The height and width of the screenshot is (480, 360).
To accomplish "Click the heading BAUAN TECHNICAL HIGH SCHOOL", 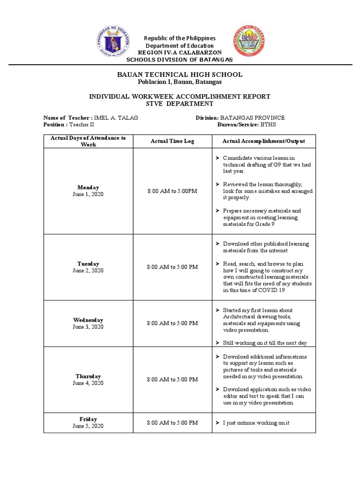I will (x=180, y=75).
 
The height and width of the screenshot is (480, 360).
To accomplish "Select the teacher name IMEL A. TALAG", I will (x=116, y=118).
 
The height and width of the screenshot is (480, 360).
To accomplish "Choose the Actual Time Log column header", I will (x=172, y=141).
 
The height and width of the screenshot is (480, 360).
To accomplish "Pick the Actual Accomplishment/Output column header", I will (x=263, y=141).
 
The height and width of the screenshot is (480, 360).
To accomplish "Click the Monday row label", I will (x=88, y=187).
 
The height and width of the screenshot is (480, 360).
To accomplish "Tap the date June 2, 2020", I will (x=88, y=270).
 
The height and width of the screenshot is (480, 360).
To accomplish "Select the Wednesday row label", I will (x=88, y=320).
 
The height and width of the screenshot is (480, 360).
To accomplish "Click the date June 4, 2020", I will (x=88, y=383).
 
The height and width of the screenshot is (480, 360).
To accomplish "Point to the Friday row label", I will (x=88, y=419).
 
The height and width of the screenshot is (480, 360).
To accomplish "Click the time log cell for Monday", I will (x=172, y=191).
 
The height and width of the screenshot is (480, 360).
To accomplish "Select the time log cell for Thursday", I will (x=172, y=379).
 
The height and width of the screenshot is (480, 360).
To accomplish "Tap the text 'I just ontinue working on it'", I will (x=256, y=423).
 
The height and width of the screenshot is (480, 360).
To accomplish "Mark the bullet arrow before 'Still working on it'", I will (x=217, y=343).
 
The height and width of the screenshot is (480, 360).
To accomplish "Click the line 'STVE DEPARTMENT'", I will (x=180, y=104).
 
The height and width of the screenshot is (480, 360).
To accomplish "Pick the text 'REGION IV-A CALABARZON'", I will (x=180, y=52).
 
